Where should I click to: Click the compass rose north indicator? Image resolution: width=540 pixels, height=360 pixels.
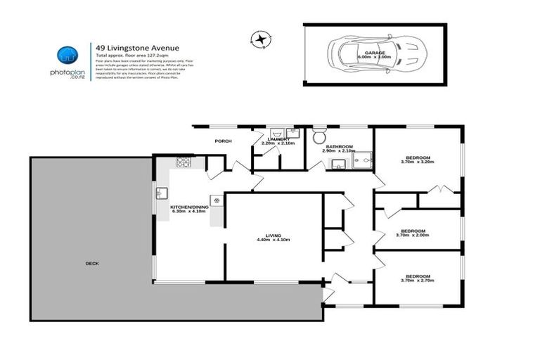[262, 39]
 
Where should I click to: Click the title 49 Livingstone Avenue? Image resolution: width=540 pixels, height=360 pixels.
[131, 47]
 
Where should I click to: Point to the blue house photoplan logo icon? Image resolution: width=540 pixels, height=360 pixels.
[68, 54]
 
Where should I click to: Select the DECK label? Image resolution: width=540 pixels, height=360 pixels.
[91, 263]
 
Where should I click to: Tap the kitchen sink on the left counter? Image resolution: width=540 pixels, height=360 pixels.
[162, 192]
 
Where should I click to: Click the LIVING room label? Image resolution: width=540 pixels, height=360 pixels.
[273, 236]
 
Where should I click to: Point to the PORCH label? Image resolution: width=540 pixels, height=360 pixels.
[223, 141]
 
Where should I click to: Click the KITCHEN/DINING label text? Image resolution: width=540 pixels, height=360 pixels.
[188, 206]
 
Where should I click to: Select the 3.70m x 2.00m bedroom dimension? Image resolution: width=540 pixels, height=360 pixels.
[413, 236]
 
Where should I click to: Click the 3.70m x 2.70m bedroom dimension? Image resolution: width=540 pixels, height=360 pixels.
[417, 281]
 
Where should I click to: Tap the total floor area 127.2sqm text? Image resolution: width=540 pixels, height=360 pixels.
[131, 54]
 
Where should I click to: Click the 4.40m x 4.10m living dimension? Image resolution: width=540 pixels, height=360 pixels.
[273, 240]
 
